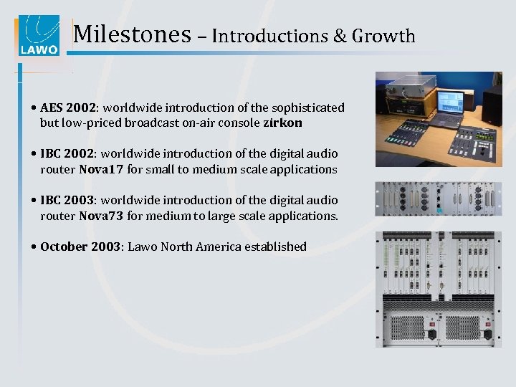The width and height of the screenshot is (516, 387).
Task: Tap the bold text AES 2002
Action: pos(69,107)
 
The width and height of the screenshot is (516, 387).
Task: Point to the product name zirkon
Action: pos(282,123)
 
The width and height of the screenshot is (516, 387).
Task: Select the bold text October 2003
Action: pos(80,247)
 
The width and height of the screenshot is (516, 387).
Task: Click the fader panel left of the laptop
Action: pos(408,140)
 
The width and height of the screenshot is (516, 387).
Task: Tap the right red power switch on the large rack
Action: pos(487,334)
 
